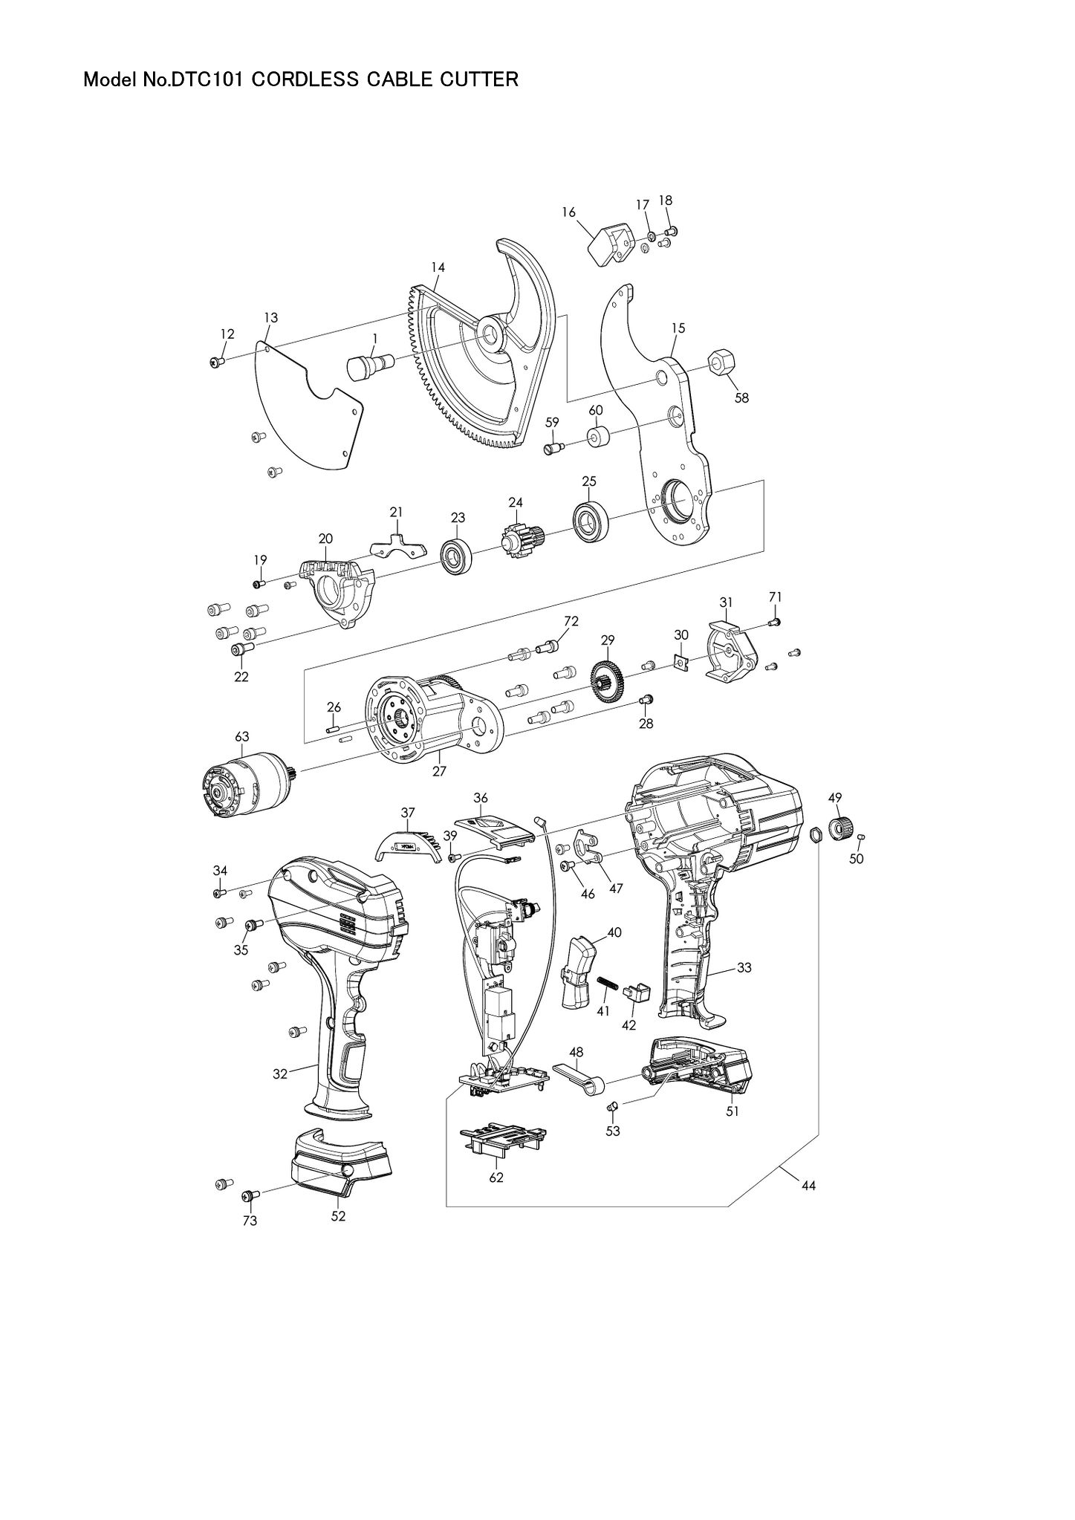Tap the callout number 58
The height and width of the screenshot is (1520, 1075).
(x=741, y=397)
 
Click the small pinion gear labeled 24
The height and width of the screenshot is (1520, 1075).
(x=520, y=536)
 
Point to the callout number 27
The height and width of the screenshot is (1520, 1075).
(x=439, y=771)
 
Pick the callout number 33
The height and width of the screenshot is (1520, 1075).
(x=744, y=968)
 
